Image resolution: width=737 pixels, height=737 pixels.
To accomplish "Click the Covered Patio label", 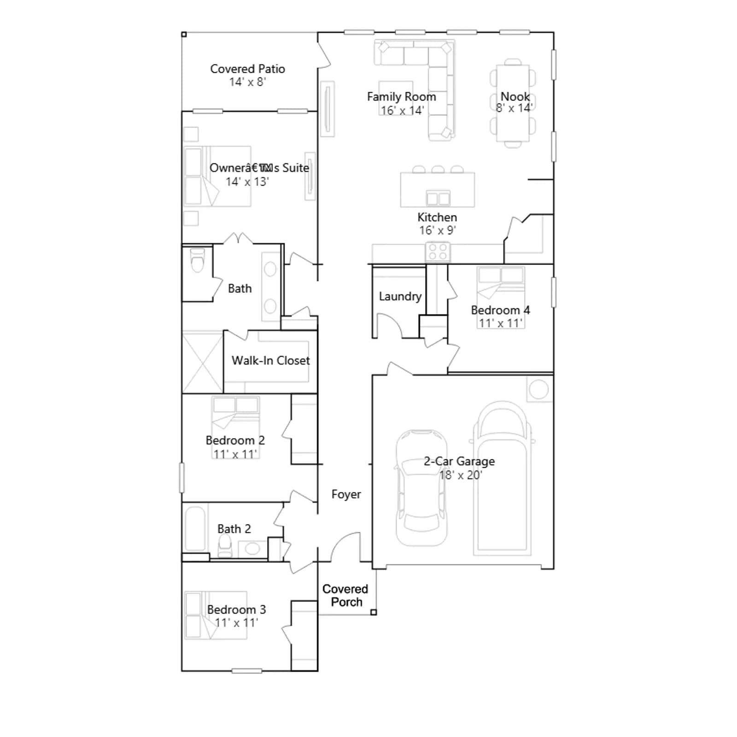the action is coord(247,69).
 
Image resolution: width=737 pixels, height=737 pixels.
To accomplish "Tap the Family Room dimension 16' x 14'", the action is coord(402,111).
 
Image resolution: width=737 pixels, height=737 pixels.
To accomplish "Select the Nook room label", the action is coord(515,97).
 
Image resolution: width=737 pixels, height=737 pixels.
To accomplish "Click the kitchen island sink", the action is coord(438,198).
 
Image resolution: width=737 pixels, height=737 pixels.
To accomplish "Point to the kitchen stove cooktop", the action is coord(438,252).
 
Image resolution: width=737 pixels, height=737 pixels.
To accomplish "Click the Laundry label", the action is coord(400,297).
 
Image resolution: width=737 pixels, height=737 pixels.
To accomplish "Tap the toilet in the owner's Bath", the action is coord(197,260).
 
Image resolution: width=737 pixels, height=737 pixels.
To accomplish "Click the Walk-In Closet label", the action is coord(270,361).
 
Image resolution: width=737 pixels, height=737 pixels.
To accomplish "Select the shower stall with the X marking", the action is coord(203,362).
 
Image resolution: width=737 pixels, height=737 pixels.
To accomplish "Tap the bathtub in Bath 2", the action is coord(195,529).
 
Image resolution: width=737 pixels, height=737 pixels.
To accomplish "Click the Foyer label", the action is coord(346,495).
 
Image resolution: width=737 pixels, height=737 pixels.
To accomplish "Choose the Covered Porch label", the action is coord(345,596).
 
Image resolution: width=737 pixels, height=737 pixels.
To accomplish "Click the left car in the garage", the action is coord(421,488).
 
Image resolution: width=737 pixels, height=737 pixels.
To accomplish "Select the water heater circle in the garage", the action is coord(538,390).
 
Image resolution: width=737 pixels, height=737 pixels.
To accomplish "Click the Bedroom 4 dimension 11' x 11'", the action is coord(500,323).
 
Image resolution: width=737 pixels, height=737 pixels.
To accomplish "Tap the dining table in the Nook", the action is coord(513,104).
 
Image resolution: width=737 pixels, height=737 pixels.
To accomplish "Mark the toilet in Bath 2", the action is coord(225,547).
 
